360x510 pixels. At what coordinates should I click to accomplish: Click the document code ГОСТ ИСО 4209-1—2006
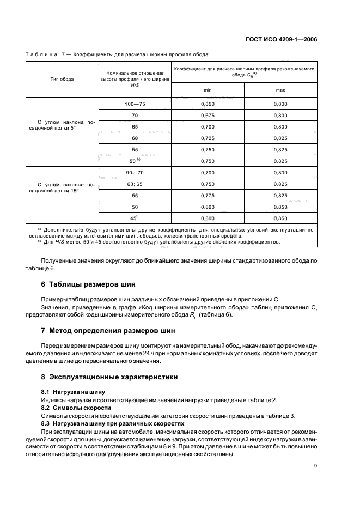(x=281, y=39)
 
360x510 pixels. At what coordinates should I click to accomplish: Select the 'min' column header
(x=208, y=89)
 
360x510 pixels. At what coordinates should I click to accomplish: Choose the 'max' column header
(x=280, y=89)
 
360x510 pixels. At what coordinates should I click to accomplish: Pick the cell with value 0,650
(x=208, y=104)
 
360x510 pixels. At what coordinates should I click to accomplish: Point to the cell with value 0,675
(x=208, y=116)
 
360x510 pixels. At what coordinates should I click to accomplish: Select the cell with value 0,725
(x=208, y=138)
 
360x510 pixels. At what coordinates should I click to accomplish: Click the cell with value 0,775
(x=208, y=195)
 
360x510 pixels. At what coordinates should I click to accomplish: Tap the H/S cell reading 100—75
(x=135, y=104)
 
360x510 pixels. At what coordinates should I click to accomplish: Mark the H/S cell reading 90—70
(x=135, y=172)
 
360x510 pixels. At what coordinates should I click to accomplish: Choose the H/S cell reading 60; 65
(x=135, y=184)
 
